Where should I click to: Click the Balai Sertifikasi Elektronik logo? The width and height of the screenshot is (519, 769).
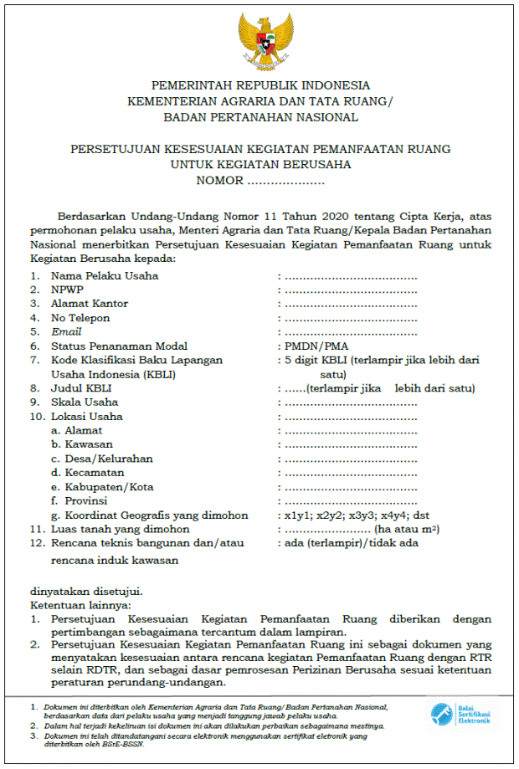(459, 714)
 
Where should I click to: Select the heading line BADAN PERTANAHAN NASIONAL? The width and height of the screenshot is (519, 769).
(260, 116)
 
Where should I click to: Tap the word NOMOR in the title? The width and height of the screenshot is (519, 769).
(219, 180)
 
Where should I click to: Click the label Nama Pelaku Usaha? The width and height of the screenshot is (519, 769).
(104, 275)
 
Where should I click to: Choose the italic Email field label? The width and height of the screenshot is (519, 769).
(66, 332)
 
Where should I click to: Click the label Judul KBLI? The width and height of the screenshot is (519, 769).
(81, 388)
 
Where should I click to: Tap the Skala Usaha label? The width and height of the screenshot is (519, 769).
(85, 402)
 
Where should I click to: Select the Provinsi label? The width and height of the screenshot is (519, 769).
(81, 500)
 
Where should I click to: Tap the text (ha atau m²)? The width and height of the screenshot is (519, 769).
(408, 529)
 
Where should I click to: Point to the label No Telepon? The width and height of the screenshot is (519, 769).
(80, 318)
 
